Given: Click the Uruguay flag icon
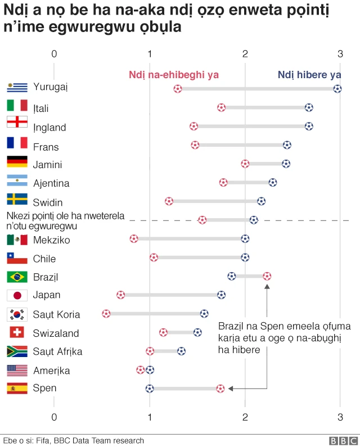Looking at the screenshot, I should point(17,87).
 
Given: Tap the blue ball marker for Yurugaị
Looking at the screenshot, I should point(337,88).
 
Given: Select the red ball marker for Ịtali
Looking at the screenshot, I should point(222,107).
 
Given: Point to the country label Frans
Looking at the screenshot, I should point(46,147).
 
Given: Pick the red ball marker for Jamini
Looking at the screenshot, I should point(245,164).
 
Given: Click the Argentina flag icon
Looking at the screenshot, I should point(17,181).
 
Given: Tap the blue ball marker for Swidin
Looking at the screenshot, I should point(262,201).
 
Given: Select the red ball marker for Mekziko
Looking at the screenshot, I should point(134,239).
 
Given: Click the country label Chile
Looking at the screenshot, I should point(44,259).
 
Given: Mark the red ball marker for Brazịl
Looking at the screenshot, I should point(267,276).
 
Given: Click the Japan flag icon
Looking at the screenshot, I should point(17,295).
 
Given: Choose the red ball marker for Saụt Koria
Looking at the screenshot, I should point(106,313).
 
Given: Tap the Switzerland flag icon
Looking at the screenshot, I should point(17,332).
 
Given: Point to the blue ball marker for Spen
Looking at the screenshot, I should point(150,388).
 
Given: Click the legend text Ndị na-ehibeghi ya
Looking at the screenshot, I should point(174,75).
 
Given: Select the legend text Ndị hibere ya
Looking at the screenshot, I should point(309,75).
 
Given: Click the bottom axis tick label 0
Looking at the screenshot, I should point(54,417).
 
